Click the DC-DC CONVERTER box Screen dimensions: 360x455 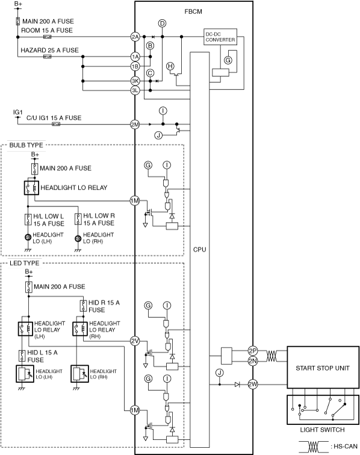point(220,37)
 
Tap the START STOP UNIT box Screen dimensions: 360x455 point(323,367)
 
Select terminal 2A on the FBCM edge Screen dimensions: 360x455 point(135,37)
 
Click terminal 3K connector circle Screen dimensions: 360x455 point(135,81)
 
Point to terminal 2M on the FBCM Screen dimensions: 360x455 point(135,125)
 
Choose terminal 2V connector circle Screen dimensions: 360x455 point(135,341)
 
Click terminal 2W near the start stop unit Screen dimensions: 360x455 point(253,385)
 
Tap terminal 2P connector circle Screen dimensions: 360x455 point(253,351)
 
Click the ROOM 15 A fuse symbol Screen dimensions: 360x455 point(48,37)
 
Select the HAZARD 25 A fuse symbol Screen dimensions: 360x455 point(48,57)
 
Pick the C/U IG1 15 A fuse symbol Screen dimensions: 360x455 point(56,124)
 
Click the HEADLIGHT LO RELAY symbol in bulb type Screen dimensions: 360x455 point(31,187)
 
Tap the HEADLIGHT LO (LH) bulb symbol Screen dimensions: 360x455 point(28,238)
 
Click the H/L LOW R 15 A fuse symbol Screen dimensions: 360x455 point(78,219)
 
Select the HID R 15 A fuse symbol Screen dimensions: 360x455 point(83,306)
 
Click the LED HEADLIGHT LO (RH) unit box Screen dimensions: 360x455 point(79,374)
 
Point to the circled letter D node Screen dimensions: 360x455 point(163,23)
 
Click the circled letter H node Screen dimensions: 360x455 point(170,66)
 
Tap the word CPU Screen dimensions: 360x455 point(199,250)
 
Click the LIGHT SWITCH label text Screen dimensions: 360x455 point(322,430)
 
